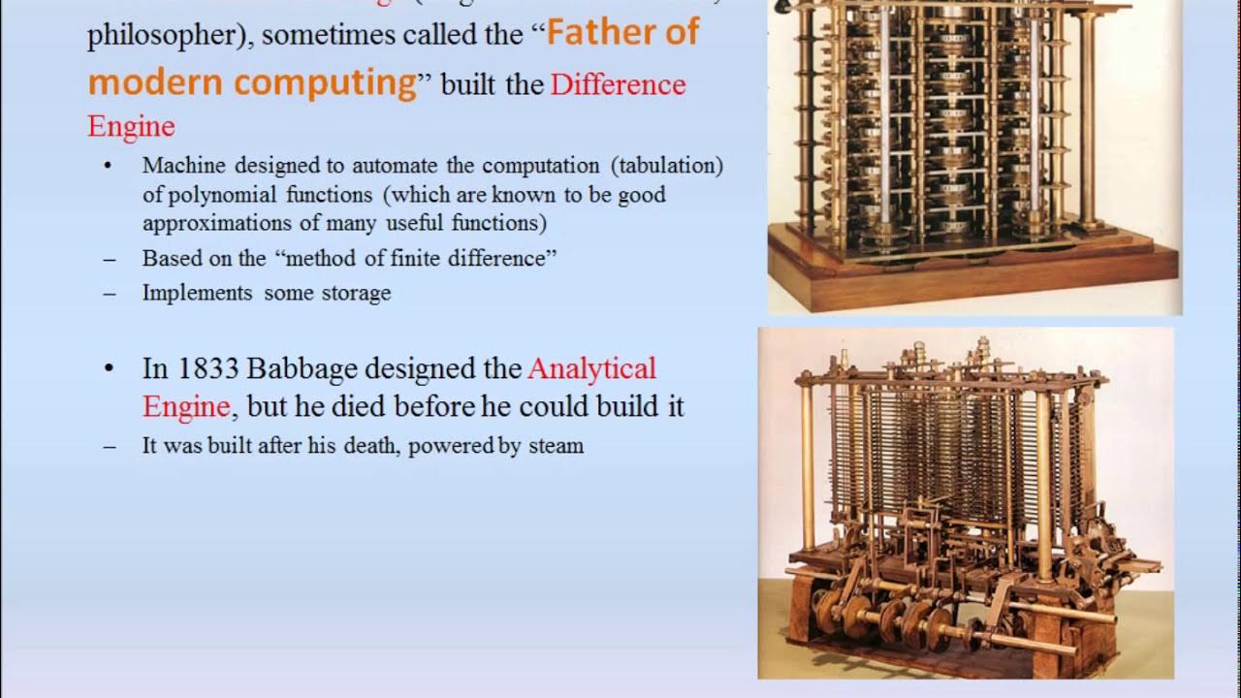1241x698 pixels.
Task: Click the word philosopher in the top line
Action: pyautogui.click(x=169, y=36)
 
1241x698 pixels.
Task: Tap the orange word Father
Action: pyautogui.click(x=596, y=33)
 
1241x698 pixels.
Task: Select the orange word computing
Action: pyautogui.click(x=325, y=83)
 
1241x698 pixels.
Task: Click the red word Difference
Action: pyautogui.click(x=618, y=85)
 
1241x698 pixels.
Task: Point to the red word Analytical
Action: pyautogui.click(x=591, y=369)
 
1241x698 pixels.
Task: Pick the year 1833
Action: pyautogui.click(x=207, y=369)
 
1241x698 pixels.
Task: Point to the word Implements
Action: pyautogui.click(x=197, y=293)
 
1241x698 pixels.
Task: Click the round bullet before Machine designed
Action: pyautogui.click(x=109, y=166)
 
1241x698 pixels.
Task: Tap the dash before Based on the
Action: pyautogui.click(x=109, y=259)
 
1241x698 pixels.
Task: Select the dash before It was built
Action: pyautogui.click(x=109, y=447)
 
